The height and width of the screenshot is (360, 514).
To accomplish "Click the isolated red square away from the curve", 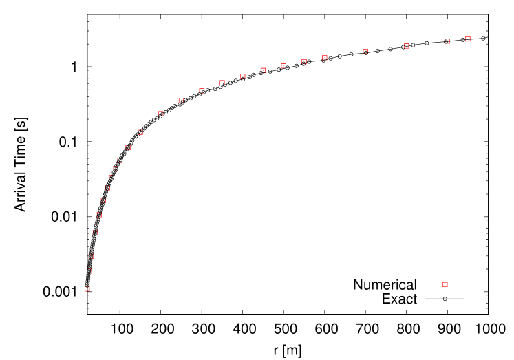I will pyautogui.click(x=445, y=284).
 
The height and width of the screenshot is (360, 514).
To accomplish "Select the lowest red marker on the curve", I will pyautogui.click(x=87, y=289).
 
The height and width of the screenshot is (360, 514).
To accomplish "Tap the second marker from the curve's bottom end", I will pyautogui.click(x=89, y=271).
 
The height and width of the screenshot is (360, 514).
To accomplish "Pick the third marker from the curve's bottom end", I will pyautogui.click(x=91, y=256).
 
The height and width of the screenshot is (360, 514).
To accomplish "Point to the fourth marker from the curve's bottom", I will pyautogui.click(x=96, y=233).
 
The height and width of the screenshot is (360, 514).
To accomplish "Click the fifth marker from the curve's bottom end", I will pyautogui.click(x=99, y=215).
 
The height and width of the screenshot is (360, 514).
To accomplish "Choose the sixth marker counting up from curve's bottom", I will pyautogui.click(x=103, y=200).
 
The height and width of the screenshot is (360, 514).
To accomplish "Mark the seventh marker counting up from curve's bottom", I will pyautogui.click(x=107, y=187).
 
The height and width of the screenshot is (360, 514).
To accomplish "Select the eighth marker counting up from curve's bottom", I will pyautogui.click(x=111, y=177).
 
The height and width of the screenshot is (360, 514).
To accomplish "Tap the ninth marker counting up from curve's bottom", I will pyautogui.click(x=116, y=169).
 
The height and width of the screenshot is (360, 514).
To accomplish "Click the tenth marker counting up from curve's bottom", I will pyautogui.click(x=120, y=160).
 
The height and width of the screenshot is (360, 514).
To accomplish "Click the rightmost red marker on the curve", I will pyautogui.click(x=468, y=39).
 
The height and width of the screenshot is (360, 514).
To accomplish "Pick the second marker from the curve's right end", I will pyautogui.click(x=447, y=41).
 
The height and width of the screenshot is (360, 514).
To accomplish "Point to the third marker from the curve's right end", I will pyautogui.click(x=407, y=46).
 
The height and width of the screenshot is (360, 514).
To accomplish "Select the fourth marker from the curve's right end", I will pyautogui.click(x=365, y=52).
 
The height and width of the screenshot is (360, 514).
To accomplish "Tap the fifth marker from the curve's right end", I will pyautogui.click(x=325, y=57).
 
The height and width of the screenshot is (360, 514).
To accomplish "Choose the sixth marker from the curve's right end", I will pyautogui.click(x=304, y=61).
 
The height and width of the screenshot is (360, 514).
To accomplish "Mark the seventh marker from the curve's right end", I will pyautogui.click(x=283, y=65).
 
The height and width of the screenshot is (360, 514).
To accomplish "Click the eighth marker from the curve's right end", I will pyautogui.click(x=263, y=70).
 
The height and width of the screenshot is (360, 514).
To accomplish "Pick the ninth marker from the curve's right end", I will pyautogui.click(x=243, y=76).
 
